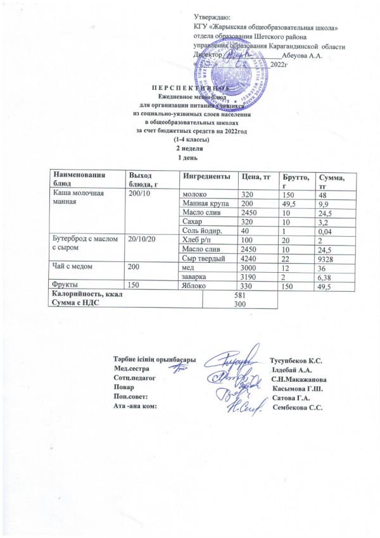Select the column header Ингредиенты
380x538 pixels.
(202, 175)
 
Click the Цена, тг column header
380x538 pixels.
(252, 175)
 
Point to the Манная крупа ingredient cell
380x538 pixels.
(204, 203)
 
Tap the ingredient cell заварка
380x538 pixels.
(193, 277)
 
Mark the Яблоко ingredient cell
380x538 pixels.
(193, 287)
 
